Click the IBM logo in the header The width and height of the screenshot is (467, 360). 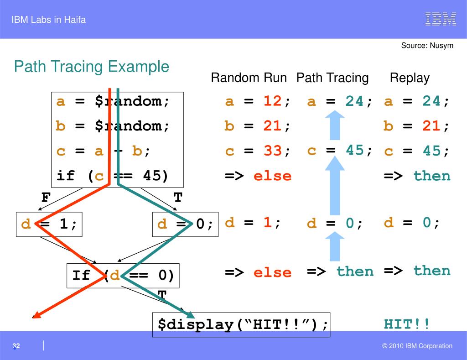(441, 19)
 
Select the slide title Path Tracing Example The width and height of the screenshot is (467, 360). (91, 67)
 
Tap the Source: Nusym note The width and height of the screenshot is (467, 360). (427, 46)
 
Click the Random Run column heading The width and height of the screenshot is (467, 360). (249, 78)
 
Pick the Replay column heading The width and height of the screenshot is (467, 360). (410, 78)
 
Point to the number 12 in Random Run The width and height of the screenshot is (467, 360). (272, 101)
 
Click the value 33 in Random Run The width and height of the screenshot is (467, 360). (272, 151)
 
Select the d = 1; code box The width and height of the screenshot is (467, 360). (49, 224)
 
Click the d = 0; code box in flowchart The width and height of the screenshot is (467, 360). (185, 224)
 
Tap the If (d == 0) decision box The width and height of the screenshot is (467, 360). (123, 276)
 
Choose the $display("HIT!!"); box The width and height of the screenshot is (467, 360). (241, 324)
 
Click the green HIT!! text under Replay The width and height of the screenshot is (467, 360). (406, 324)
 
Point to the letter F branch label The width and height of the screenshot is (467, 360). (46, 198)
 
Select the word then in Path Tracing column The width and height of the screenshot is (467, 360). (355, 272)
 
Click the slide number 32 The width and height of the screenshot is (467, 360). (16, 346)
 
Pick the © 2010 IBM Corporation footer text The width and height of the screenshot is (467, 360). (417, 346)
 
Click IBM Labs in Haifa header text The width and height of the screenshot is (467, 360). (49, 20)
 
